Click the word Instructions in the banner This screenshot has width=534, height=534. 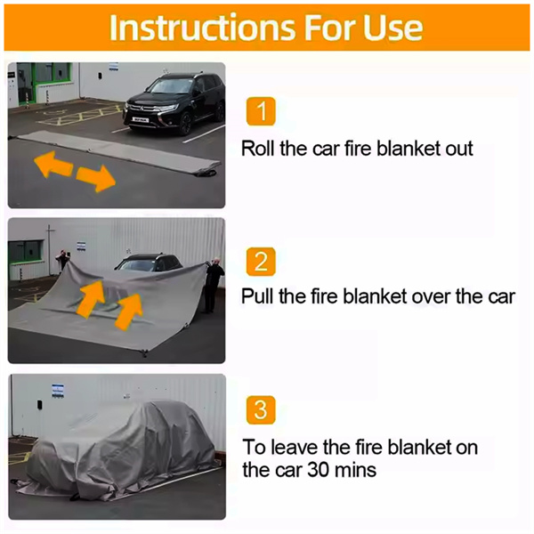pyautogui.click(x=202, y=28)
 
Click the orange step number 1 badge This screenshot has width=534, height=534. pyautogui.click(x=261, y=111)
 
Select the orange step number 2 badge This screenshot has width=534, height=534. pyautogui.click(x=261, y=262)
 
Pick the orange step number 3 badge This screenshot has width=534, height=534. pyautogui.click(x=261, y=409)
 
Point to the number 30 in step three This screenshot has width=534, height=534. pyautogui.click(x=319, y=470)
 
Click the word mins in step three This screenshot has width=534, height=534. pyautogui.click(x=355, y=470)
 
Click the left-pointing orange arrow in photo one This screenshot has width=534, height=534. pyautogui.click(x=53, y=164)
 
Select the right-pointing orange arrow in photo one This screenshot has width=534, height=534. pyautogui.click(x=96, y=179)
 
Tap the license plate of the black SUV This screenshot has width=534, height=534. pyautogui.click(x=141, y=120)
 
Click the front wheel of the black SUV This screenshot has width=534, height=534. pyautogui.click(x=186, y=124)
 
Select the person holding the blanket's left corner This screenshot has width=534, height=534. pyautogui.click(x=63, y=260)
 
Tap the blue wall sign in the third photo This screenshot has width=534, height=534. pyautogui.click(x=58, y=391)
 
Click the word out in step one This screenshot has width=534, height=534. pyautogui.click(x=459, y=150)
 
